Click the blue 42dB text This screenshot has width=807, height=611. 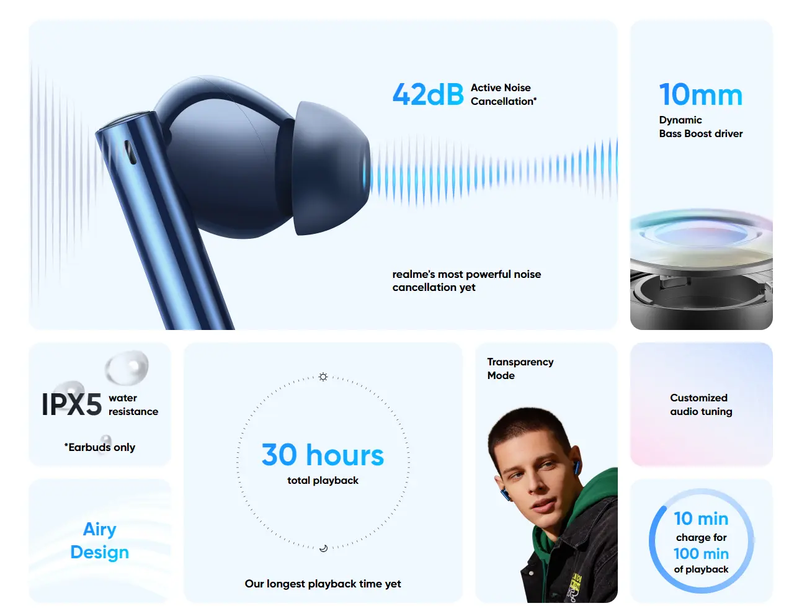point(428,94)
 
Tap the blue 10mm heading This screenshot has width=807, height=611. point(701,94)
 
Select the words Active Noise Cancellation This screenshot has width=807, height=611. point(503,94)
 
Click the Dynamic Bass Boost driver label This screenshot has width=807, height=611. point(701,127)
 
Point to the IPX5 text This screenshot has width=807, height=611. point(72,404)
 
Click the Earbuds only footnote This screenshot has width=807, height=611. point(100,447)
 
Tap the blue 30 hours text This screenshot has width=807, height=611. point(323,455)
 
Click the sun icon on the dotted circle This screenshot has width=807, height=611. point(323,377)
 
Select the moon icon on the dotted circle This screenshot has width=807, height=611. point(323,548)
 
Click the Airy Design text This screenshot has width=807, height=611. point(100,541)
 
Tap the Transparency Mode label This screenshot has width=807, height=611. point(520,368)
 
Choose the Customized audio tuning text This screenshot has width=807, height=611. point(701,404)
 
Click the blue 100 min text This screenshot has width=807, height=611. point(701,554)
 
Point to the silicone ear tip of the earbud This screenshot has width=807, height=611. point(331,168)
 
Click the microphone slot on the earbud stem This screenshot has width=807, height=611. point(130,152)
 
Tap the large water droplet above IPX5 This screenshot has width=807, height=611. point(127,367)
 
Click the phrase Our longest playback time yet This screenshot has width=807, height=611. point(323,584)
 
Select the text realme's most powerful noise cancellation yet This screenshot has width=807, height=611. point(466,280)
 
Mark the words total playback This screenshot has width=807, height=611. point(323,481)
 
